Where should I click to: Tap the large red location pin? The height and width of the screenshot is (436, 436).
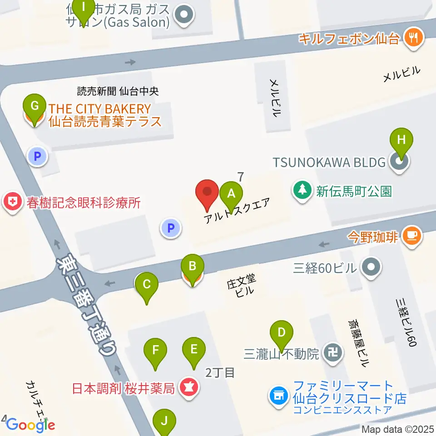tap(207, 193)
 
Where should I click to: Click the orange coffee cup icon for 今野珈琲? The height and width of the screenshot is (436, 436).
tap(412, 236)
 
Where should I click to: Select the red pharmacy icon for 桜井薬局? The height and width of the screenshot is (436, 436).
tap(187, 388)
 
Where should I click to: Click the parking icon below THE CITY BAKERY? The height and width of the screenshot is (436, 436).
tap(38, 158)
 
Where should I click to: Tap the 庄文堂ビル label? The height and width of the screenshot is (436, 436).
tap(241, 286)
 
